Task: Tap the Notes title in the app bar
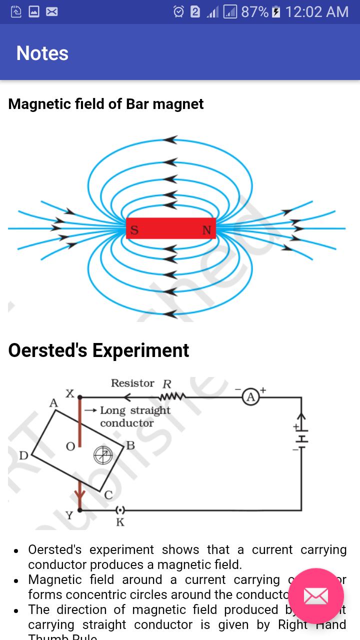(42, 53)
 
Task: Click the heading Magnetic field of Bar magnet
(106, 104)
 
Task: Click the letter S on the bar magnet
(134, 230)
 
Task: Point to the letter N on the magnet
(206, 230)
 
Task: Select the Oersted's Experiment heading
(98, 350)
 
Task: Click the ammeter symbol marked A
(251, 397)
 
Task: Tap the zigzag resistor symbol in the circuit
(172, 397)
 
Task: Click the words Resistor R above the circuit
(141, 383)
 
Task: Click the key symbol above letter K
(120, 510)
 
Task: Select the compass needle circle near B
(103, 454)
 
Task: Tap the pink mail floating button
(316, 596)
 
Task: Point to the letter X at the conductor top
(70, 394)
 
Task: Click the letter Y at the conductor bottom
(69, 515)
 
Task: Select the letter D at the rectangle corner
(23, 456)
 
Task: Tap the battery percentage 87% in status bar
(254, 11)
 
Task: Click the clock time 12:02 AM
(316, 11)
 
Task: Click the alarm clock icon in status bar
(178, 11)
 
